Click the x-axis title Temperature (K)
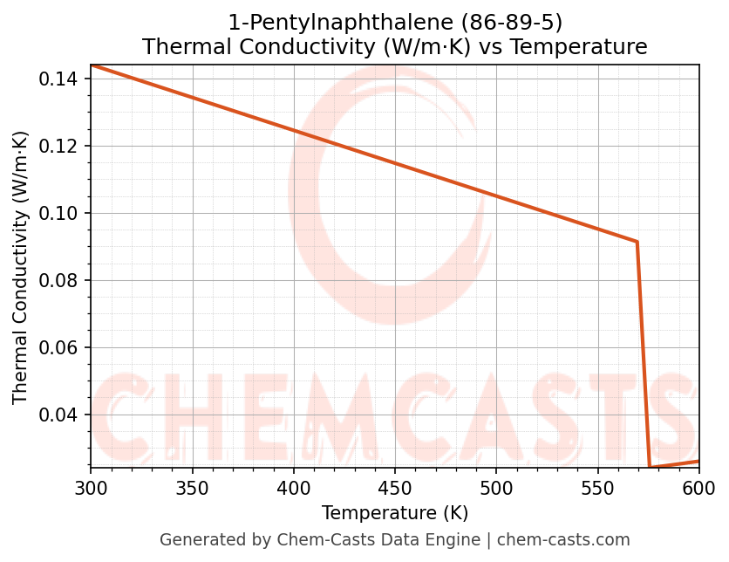click(x=395, y=513)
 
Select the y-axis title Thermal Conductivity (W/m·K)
click(x=21, y=267)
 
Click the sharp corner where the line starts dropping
click(x=637, y=242)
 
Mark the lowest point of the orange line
click(x=650, y=467)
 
